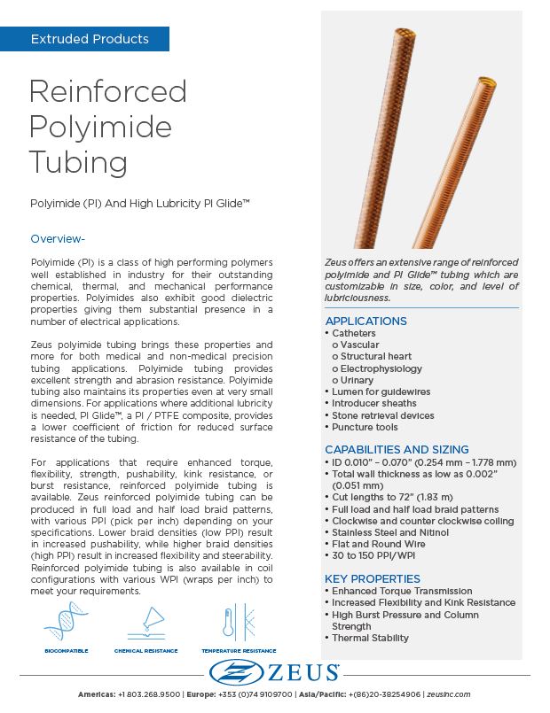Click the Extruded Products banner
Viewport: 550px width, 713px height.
pyautogui.click(x=90, y=39)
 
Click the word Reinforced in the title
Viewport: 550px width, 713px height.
pyautogui.click(x=107, y=92)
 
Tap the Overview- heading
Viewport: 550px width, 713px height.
pyautogui.click(x=58, y=239)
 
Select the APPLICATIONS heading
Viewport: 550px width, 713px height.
pyautogui.click(x=365, y=321)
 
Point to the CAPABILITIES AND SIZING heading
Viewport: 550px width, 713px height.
pyautogui.click(x=397, y=449)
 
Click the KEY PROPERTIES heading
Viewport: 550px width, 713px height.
pyautogui.click(x=373, y=578)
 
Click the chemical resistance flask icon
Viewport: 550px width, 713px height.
pyautogui.click(x=145, y=621)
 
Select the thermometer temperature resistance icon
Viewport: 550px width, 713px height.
pyautogui.click(x=232, y=621)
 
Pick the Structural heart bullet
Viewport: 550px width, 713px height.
pyautogui.click(x=375, y=357)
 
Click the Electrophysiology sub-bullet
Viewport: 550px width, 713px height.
pyautogui.click(x=381, y=368)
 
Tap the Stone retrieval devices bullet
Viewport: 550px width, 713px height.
pyautogui.click(x=383, y=415)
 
